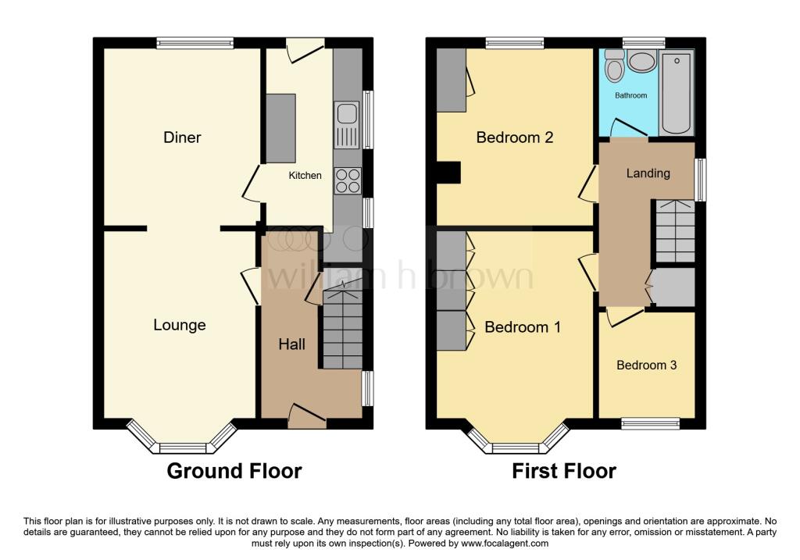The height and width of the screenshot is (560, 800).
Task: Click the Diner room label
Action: (182, 137)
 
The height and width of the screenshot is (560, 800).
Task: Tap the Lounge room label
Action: (179, 325)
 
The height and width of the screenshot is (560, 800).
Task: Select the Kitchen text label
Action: (305, 176)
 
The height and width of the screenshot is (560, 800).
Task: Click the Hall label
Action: (291, 344)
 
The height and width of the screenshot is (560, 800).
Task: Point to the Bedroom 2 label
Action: (515, 137)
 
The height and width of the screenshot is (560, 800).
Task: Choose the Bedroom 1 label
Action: (523, 327)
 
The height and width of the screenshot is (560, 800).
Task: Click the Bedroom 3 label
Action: (646, 365)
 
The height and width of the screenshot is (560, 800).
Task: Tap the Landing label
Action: (648, 173)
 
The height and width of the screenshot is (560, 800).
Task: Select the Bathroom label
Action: (630, 95)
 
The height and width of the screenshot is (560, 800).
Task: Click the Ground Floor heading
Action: (234, 471)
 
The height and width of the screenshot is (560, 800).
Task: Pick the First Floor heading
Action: (564, 471)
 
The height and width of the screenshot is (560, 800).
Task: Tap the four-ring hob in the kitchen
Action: (347, 181)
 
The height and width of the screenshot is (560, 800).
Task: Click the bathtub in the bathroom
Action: (677, 92)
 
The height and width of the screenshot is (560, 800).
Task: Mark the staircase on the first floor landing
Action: (673, 230)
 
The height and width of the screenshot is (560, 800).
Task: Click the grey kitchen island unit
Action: (280, 128)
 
